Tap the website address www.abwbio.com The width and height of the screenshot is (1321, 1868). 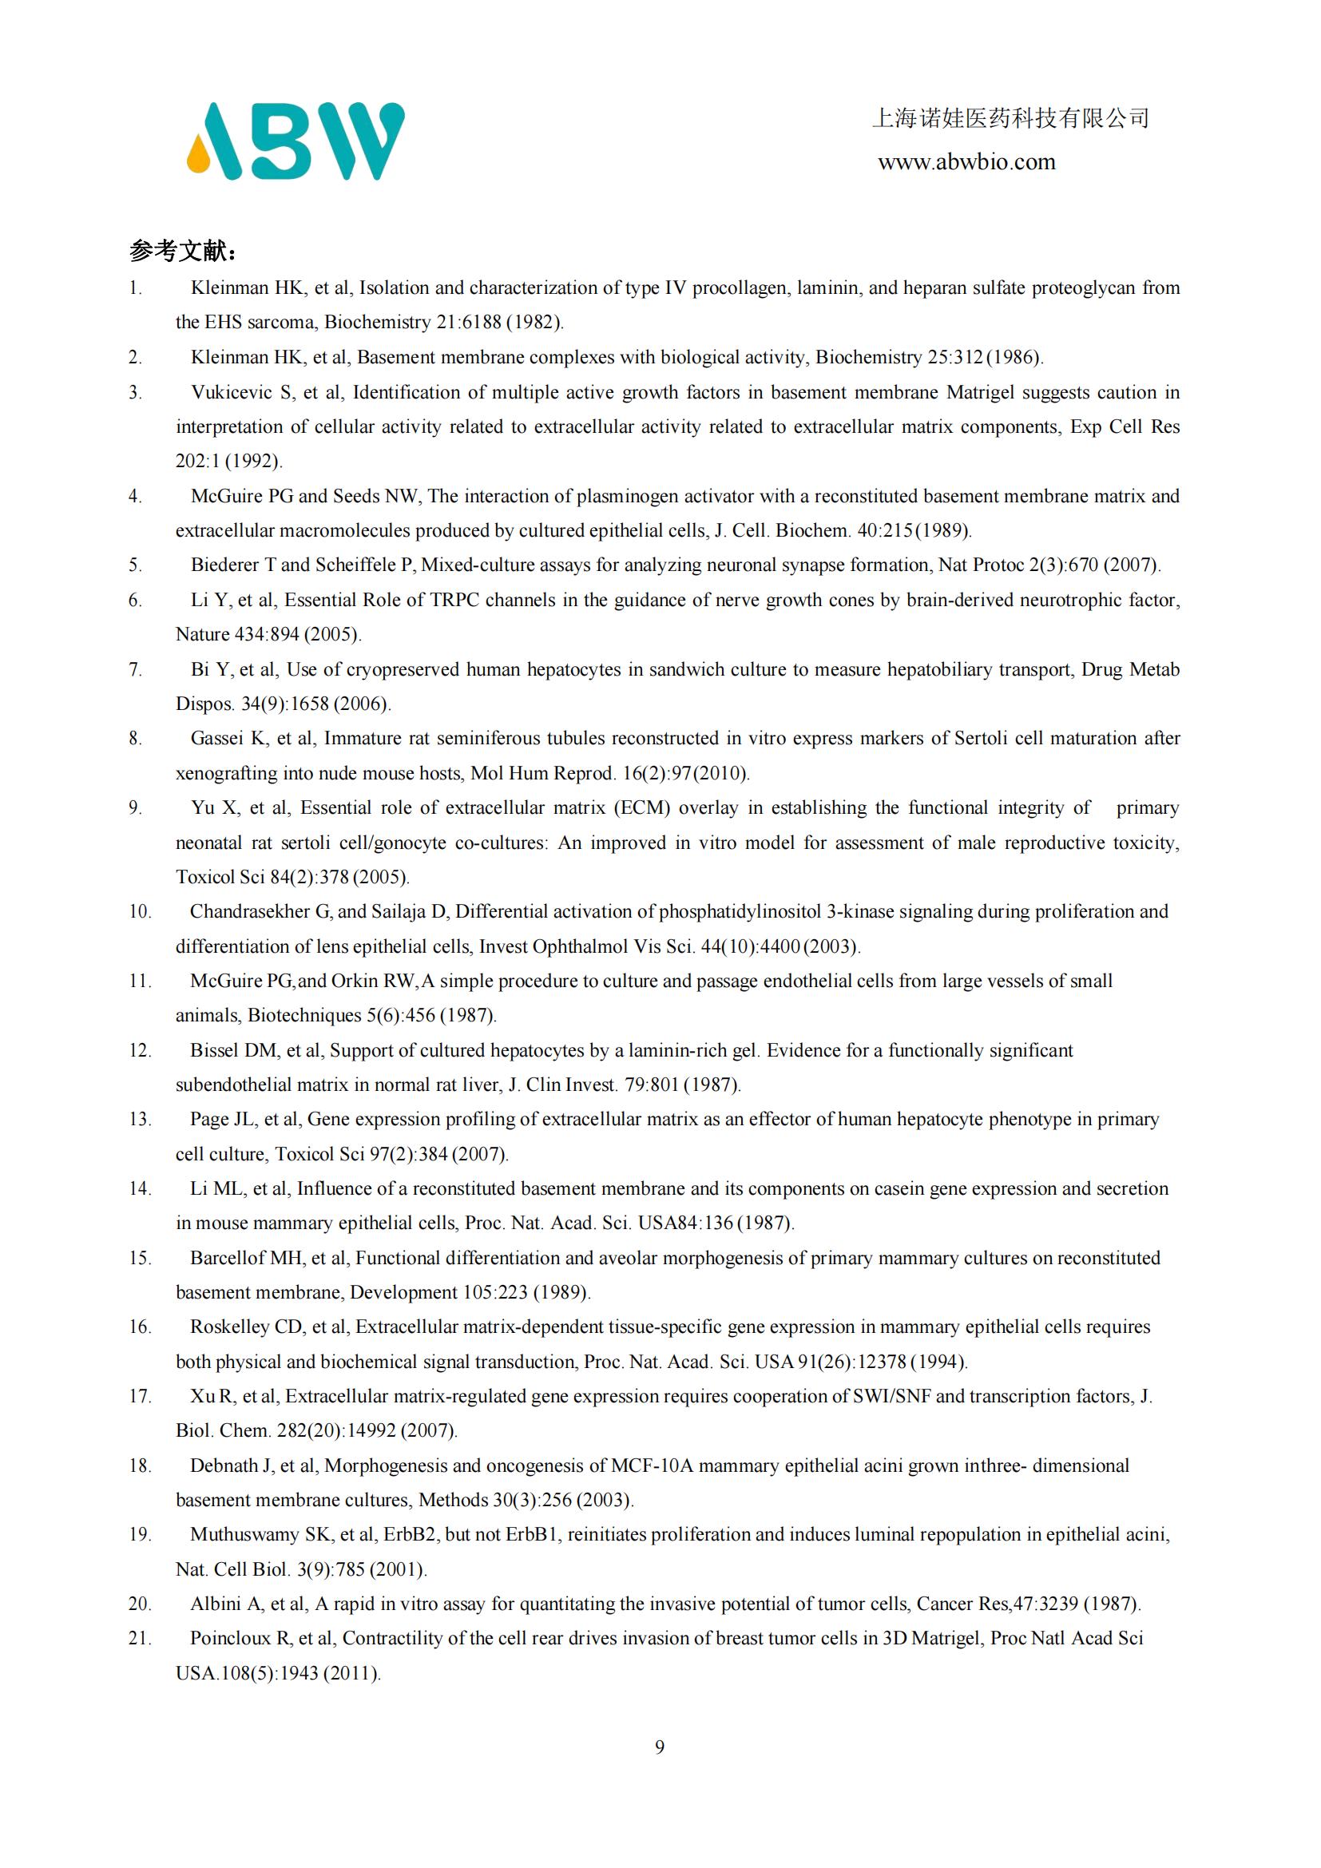(x=966, y=162)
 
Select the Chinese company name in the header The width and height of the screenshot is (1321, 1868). (x=1010, y=119)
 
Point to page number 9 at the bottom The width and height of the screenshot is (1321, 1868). (x=660, y=1747)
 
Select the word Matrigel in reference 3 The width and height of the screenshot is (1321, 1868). (x=981, y=393)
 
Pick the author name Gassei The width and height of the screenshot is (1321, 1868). (x=216, y=739)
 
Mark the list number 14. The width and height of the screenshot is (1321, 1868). (x=140, y=1188)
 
